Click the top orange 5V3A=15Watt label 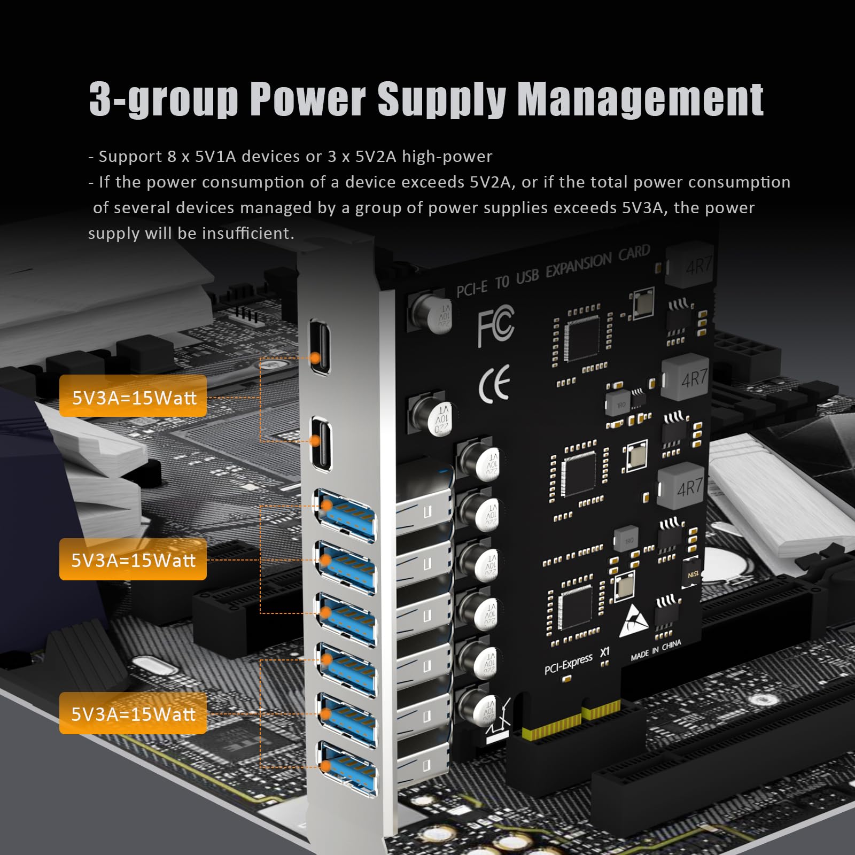(133, 396)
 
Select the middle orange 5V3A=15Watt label (133, 559)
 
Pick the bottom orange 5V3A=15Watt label (133, 713)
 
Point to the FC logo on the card (495, 324)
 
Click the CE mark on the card (494, 384)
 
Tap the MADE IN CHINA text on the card (656, 650)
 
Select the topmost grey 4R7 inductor (693, 264)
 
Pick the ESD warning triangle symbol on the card (634, 621)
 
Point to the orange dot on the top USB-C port (315, 357)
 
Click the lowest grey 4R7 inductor (686, 486)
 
